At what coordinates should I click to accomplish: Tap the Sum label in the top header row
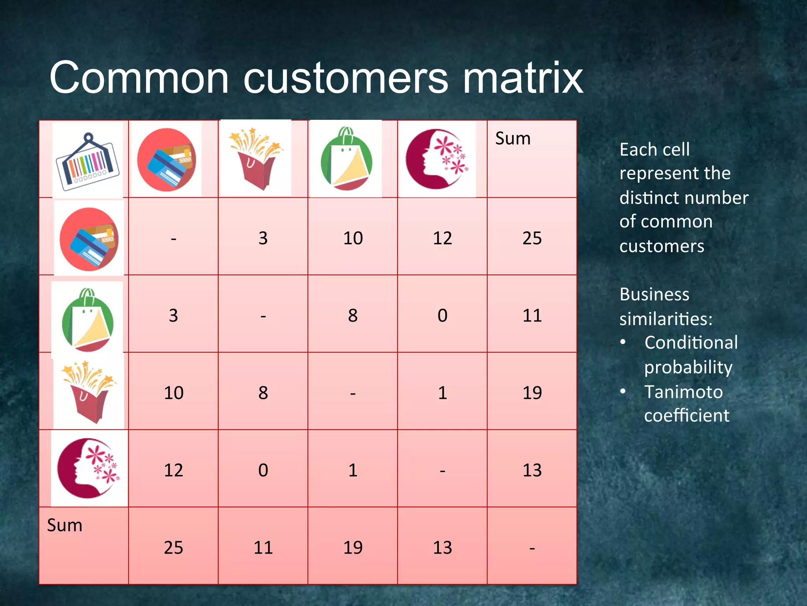pos(513,138)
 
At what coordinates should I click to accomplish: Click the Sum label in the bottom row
pos(65,526)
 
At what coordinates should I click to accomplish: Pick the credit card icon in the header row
pos(166,160)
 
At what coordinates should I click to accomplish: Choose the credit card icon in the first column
pos(89,239)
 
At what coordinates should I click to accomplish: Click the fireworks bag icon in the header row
pos(256,157)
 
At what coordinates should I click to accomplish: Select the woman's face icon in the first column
pos(88,468)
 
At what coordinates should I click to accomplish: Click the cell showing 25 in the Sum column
pos(532,238)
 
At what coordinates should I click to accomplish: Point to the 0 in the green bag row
pos(442,316)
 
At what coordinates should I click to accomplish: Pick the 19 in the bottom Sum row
pos(353,548)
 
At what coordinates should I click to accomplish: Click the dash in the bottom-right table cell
pos(532,548)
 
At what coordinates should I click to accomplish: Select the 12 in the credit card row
pos(442,238)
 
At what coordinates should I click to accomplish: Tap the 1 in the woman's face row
pos(353,470)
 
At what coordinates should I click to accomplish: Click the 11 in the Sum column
pos(532,316)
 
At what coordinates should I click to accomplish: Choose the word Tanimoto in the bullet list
pos(683,392)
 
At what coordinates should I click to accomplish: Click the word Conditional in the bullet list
pos(691,342)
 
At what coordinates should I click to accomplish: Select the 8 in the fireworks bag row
pos(263,393)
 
